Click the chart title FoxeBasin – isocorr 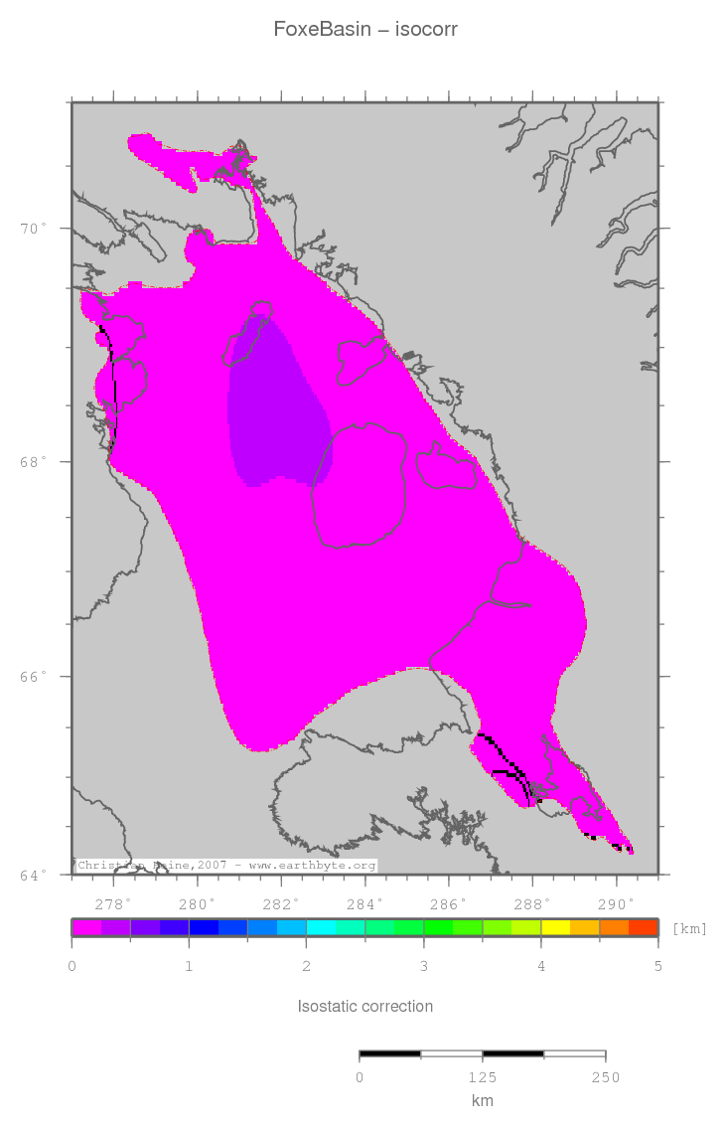coord(365,30)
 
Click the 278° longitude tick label coord(113,904)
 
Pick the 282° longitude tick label coord(281,904)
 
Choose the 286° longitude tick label coord(449,904)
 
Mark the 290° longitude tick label coord(617,904)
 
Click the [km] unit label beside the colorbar coord(689,928)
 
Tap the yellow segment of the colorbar coord(555,928)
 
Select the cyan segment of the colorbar coord(321,928)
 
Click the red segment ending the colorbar coord(644,928)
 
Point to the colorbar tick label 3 coord(423,966)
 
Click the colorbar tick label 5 coord(657,966)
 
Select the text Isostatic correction coord(365,1006)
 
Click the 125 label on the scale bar coord(483,1077)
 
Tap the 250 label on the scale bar coord(606,1077)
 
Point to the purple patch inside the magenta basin coord(278,407)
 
